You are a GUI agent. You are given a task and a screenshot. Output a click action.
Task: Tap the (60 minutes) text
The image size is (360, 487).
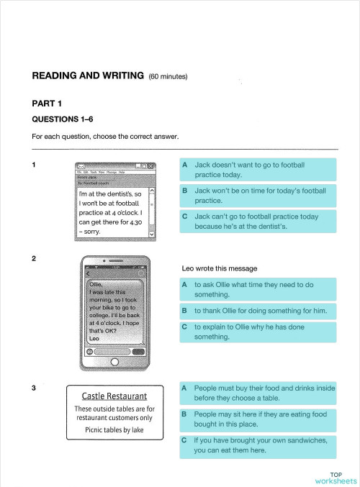coord(168,77)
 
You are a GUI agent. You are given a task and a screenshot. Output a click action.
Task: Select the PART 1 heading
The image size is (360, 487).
coord(47,104)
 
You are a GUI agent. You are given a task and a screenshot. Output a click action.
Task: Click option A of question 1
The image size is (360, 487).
coord(257,169)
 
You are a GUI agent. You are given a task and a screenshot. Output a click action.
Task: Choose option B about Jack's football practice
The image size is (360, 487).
coord(257,196)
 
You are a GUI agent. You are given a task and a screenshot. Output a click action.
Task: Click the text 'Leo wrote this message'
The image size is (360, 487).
coord(220,268)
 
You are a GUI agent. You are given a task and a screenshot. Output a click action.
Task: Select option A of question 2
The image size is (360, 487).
coord(257,289)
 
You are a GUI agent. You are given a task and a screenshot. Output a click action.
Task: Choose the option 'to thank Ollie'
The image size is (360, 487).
coord(257,311)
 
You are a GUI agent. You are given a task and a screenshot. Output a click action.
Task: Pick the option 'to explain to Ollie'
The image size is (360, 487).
coord(257,332)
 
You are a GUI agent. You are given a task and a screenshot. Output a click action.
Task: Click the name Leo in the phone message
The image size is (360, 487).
coord(94,339)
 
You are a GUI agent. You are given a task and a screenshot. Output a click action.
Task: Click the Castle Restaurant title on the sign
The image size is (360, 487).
coord(114,396)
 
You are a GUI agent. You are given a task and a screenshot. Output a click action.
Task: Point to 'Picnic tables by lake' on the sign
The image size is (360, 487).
coord(114,430)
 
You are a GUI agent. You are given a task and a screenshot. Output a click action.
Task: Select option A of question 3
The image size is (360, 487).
coord(257,392)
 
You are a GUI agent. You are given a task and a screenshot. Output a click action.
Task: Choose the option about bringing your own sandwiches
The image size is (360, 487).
coord(257,445)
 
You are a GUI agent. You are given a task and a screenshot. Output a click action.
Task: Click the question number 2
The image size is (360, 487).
coord(35,258)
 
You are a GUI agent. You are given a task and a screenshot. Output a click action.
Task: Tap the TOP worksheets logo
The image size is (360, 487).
coord(336,478)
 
